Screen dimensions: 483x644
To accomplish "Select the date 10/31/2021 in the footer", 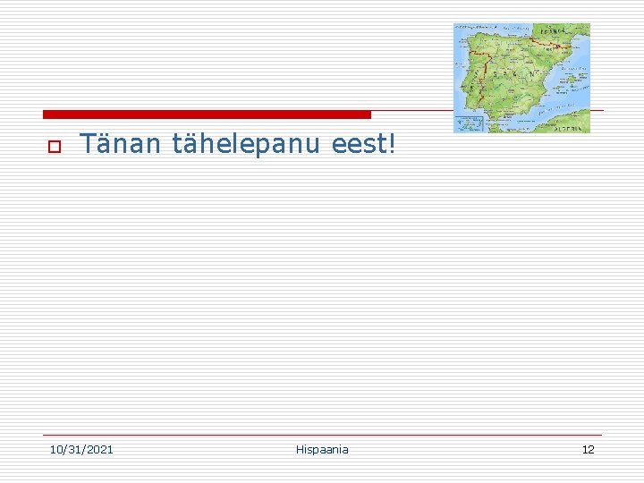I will [x=81, y=449].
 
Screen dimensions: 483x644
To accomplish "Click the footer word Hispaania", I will [x=322, y=449].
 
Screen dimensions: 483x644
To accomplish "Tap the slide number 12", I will [x=588, y=449].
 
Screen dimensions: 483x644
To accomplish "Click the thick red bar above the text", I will [x=207, y=114].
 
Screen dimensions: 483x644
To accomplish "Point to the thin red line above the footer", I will [x=322, y=436].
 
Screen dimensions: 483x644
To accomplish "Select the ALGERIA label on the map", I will [x=569, y=128].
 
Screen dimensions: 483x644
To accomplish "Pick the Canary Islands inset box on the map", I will [x=468, y=123].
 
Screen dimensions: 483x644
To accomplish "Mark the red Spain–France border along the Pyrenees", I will [x=549, y=44].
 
